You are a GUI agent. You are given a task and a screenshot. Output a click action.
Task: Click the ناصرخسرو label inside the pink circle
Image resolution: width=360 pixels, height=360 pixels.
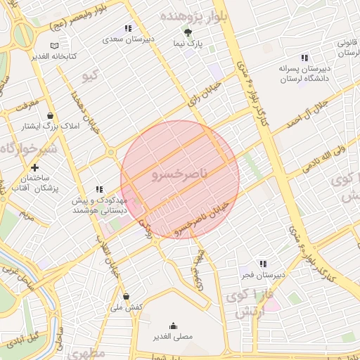click(181, 172)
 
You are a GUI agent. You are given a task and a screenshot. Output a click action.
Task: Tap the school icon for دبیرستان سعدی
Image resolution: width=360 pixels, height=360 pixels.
click(127, 28)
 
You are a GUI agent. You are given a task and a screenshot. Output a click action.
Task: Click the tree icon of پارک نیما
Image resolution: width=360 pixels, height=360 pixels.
click(188, 32)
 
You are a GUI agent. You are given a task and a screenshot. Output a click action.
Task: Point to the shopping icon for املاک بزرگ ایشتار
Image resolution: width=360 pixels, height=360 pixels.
click(50, 116)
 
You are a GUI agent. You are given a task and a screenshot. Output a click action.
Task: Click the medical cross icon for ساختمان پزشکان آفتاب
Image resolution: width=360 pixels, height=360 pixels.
click(34, 168)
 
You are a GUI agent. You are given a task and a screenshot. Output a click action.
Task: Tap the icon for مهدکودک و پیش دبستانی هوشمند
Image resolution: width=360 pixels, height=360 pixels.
click(99, 189)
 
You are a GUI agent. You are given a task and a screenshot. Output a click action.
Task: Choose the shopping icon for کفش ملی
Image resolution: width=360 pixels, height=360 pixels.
click(126, 296)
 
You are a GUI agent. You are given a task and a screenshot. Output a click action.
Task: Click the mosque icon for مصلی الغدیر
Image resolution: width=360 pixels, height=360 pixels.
click(174, 325)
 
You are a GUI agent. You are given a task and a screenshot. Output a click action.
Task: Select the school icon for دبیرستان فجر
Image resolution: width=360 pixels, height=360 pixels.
click(263, 264)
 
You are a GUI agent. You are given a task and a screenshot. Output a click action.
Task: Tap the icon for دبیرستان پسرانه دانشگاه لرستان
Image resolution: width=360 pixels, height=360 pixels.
click(304, 58)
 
